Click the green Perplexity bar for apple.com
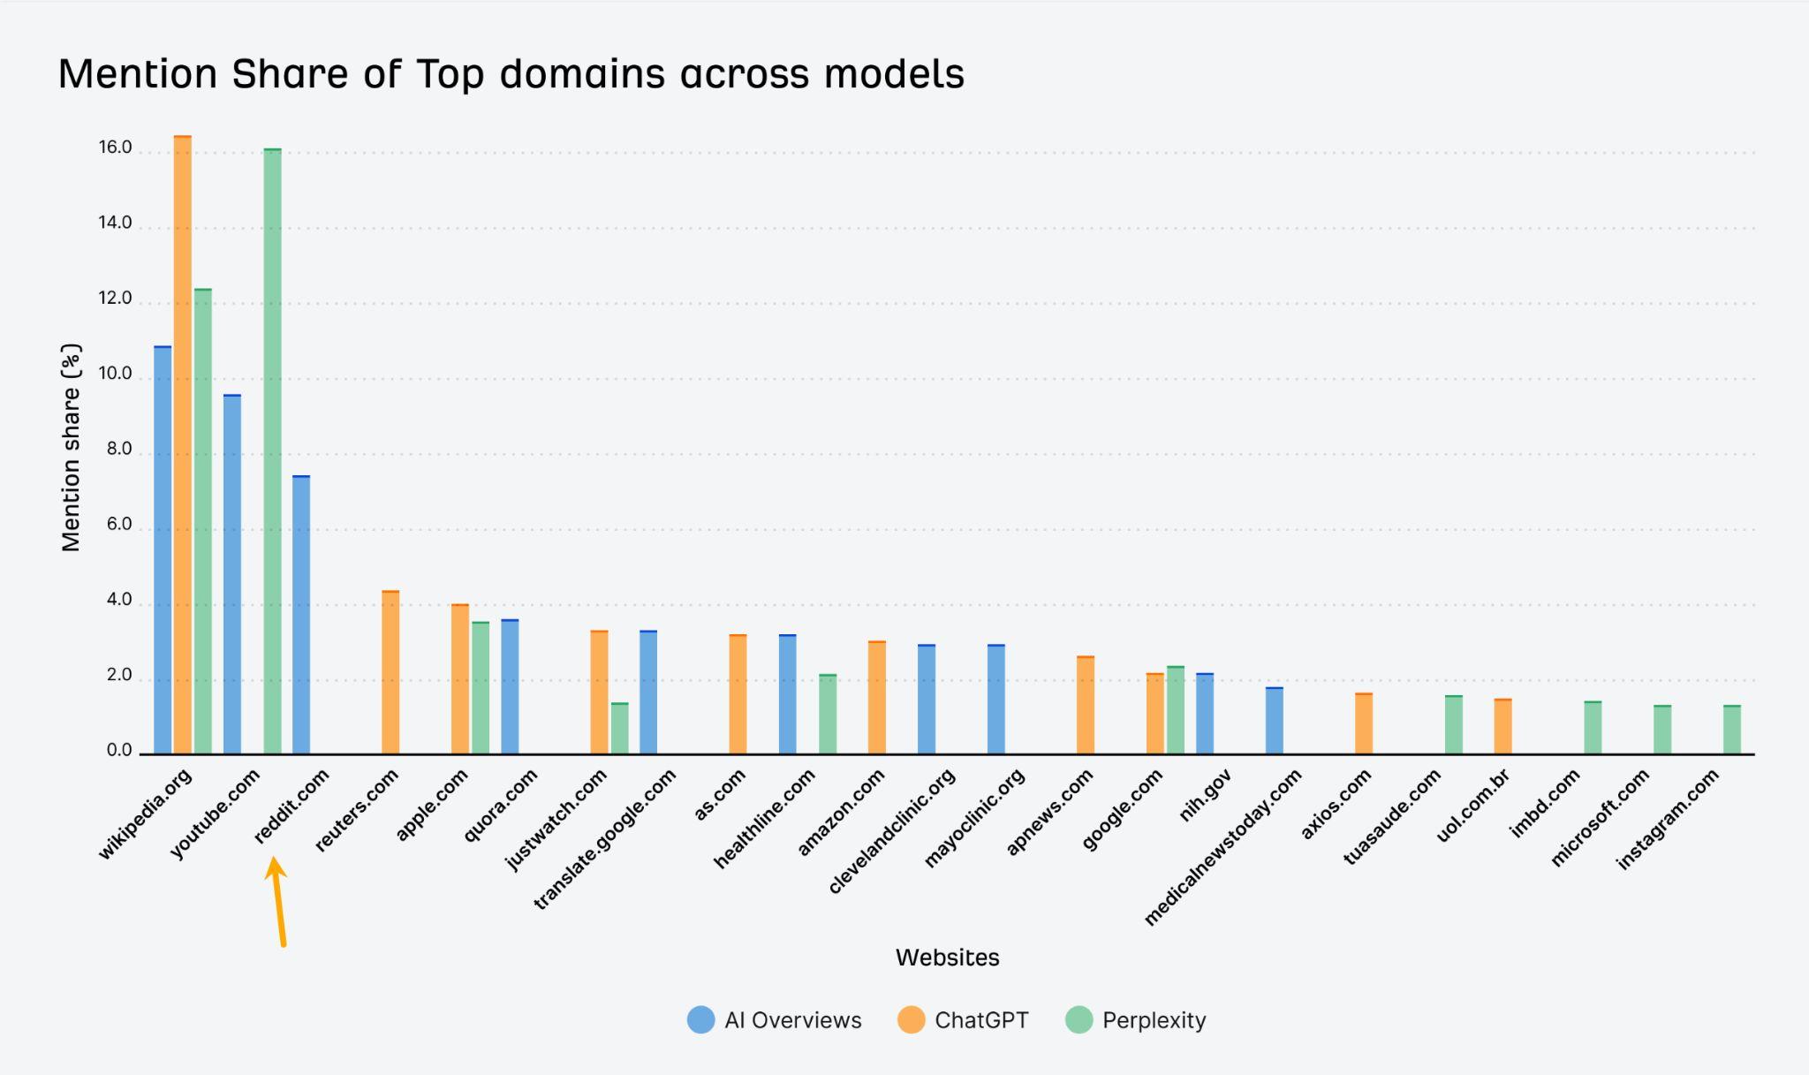(x=481, y=689)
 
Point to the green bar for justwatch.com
(x=620, y=729)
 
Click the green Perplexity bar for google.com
(x=1176, y=710)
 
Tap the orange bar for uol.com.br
(x=1503, y=727)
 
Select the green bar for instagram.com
(x=1732, y=731)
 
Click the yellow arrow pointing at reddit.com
(x=279, y=901)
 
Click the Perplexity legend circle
(x=1079, y=1020)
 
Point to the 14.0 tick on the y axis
(x=115, y=223)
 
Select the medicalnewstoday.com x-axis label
(x=1223, y=846)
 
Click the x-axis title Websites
(x=947, y=958)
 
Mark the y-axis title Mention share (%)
(x=71, y=448)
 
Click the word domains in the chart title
(x=581, y=74)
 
